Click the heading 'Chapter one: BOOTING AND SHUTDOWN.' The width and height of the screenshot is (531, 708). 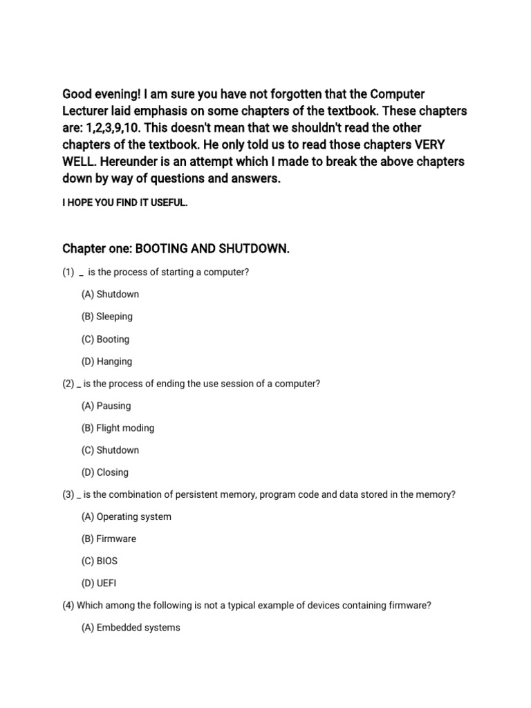(176, 249)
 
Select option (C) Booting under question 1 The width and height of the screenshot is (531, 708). (105, 339)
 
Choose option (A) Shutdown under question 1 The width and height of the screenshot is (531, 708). (110, 295)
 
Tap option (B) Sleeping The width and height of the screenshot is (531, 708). (106, 317)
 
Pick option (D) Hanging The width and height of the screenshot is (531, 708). (106, 362)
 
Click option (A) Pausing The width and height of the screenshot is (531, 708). (106, 406)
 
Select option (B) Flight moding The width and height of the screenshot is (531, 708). (118, 428)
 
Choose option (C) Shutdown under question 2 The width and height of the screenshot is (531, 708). (110, 450)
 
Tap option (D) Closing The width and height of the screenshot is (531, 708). (105, 472)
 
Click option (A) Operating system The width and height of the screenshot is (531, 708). (126, 516)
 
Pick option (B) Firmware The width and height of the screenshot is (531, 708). (109, 539)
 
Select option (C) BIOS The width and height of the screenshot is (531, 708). (100, 561)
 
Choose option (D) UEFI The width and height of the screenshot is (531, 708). (99, 583)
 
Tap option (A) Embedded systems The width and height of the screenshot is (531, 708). (131, 628)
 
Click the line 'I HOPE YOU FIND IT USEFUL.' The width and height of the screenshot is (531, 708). (124, 205)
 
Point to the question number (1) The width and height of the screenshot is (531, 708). (68, 272)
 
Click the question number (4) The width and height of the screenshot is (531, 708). (68, 606)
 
